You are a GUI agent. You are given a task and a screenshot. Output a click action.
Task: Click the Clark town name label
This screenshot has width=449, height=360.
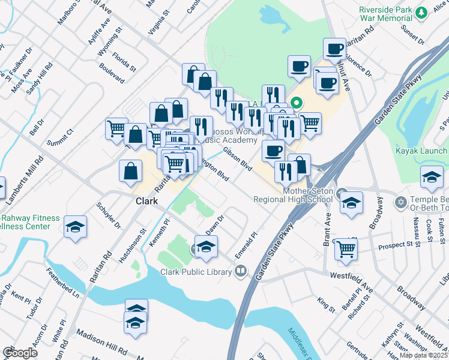click(146, 202)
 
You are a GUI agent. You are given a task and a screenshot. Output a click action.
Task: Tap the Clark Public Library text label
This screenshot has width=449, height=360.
click(196, 272)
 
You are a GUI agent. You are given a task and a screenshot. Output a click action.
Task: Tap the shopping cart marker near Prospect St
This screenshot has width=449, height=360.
click(346, 249)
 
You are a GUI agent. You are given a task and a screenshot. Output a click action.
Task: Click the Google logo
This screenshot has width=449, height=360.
click(19, 353)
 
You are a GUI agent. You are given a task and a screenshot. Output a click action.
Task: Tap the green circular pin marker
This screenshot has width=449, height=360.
click(295, 103)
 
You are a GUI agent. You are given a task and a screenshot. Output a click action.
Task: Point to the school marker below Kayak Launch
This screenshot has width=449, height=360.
click(431, 177)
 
